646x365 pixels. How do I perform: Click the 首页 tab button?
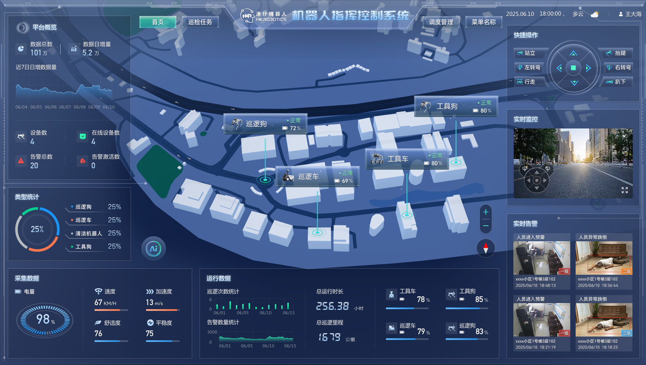point(157,22)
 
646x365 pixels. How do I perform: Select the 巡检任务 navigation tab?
point(200,22)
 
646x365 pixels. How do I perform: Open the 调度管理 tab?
point(441,22)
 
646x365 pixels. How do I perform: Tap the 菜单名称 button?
point(483,22)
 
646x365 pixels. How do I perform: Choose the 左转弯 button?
point(529,68)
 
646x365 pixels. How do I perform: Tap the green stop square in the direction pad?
point(573,68)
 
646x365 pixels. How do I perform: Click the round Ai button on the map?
point(153,248)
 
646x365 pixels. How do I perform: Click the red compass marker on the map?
point(485,248)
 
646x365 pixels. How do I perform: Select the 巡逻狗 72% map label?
point(265,124)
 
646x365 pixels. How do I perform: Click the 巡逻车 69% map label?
point(317,177)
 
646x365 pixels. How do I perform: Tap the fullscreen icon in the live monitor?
point(625,190)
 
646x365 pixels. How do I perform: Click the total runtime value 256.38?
point(332,306)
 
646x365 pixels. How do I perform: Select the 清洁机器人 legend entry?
point(89,234)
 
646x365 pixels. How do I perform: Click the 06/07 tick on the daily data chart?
point(65,107)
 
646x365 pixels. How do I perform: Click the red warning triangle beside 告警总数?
point(21,161)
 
